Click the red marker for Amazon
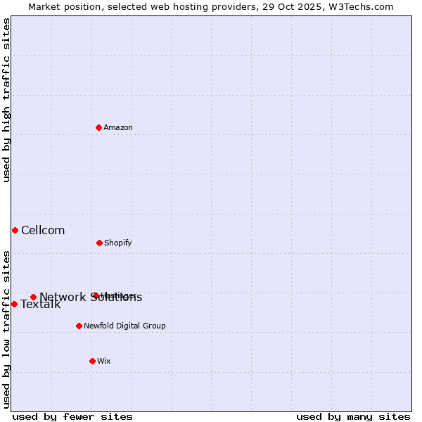[x=99, y=127]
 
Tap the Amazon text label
[x=118, y=128]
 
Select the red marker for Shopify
[x=99, y=243]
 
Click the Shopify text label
[x=118, y=243]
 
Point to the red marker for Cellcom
[x=15, y=230]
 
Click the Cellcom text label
[x=43, y=231]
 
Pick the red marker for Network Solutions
[x=33, y=297]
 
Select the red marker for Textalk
[x=14, y=304]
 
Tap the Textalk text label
[x=41, y=305]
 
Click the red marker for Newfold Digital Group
[x=79, y=326]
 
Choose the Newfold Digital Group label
[x=124, y=326]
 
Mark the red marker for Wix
[x=92, y=361]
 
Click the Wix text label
[x=104, y=362]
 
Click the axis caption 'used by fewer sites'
[x=72, y=416]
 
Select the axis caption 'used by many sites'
[x=353, y=416]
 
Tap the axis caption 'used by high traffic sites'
[x=7, y=100]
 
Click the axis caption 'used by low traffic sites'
[x=7, y=329]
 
